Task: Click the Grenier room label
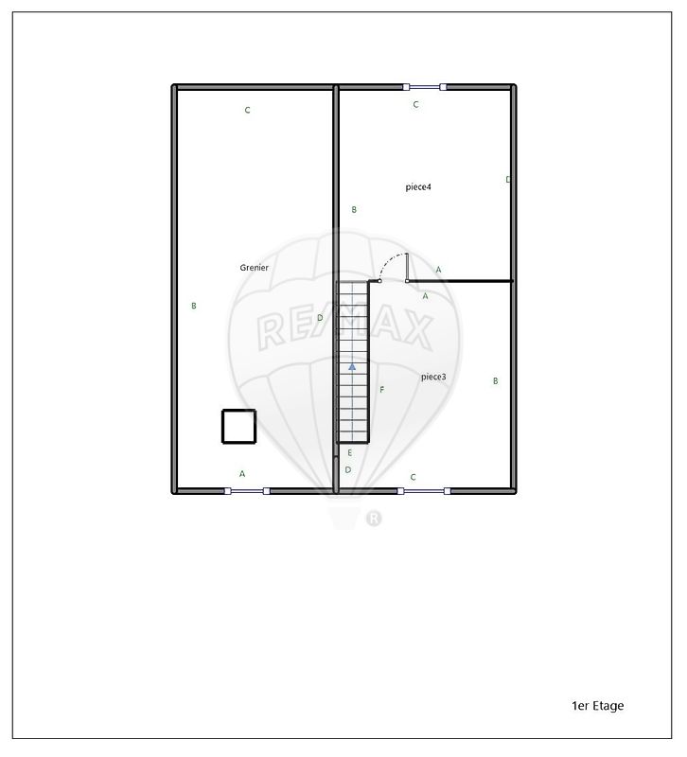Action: tap(254, 268)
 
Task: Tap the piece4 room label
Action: tap(418, 186)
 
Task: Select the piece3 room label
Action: tap(433, 377)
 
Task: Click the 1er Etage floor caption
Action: tap(598, 706)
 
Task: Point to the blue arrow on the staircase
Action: tap(352, 367)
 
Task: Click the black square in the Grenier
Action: tap(239, 427)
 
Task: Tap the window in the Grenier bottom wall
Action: tap(247, 491)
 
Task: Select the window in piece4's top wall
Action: tap(425, 87)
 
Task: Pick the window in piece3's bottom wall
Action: tap(424, 491)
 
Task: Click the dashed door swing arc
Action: tap(388, 261)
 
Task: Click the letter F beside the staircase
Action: tap(382, 390)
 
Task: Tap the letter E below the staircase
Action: tap(350, 453)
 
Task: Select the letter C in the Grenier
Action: tap(247, 110)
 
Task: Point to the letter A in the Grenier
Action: tap(242, 474)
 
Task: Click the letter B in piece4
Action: tap(354, 209)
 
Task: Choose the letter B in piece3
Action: tap(495, 381)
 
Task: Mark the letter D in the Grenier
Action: tap(320, 318)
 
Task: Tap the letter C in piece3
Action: tap(413, 477)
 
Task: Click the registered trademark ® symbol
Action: tap(374, 519)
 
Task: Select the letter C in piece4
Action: tap(415, 104)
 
